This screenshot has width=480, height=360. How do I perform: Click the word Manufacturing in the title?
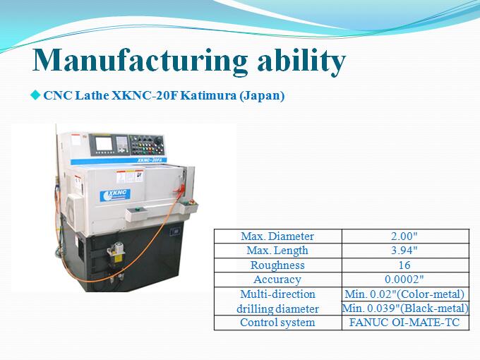click(x=140, y=60)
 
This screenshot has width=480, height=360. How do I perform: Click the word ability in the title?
click(x=301, y=60)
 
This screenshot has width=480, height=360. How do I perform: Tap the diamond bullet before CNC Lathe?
click(x=35, y=95)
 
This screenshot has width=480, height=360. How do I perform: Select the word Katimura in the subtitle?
click(x=208, y=95)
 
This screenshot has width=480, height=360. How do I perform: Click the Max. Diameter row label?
click(x=277, y=236)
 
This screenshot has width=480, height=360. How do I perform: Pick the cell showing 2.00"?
click(x=404, y=236)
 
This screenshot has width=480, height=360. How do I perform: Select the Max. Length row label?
click(x=277, y=251)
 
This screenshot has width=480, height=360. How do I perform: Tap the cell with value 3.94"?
click(x=404, y=251)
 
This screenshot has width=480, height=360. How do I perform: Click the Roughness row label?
click(x=277, y=265)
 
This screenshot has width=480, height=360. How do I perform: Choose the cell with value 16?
click(x=404, y=265)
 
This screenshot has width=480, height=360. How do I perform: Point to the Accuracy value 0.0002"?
click(x=404, y=280)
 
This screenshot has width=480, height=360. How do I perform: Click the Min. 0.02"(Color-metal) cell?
click(x=404, y=294)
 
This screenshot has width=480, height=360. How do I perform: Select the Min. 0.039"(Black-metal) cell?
click(x=405, y=308)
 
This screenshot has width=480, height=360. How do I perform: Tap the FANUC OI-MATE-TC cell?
click(x=404, y=323)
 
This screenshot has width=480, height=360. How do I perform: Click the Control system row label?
click(x=277, y=323)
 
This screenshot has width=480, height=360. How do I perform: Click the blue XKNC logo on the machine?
click(x=115, y=196)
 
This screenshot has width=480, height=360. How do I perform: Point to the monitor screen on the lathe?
click(x=104, y=143)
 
